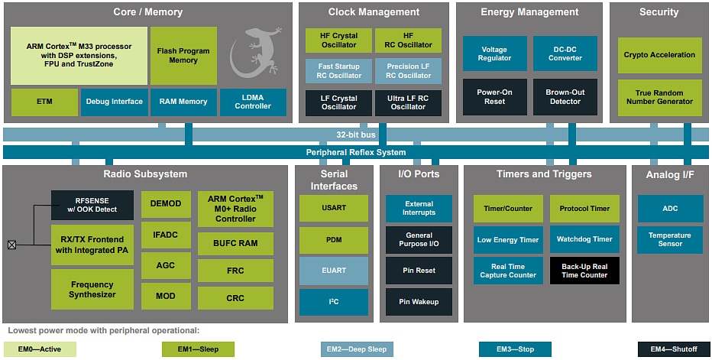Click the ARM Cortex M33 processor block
pos(79,56)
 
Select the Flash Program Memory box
pos(183,56)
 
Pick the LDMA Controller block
pos(253,102)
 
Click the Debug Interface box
pos(114,102)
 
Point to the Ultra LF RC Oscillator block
pos(408,102)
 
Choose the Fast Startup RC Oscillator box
pos(338,71)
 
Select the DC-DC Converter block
pos(565,54)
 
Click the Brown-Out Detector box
pos(565,97)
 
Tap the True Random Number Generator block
pos(659,97)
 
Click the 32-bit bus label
pos(355,135)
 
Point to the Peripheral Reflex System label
pos(356,152)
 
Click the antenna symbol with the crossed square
pos(11,245)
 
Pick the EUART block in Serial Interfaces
pos(333,271)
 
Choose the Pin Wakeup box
pos(418,302)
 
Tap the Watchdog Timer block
pos(584,239)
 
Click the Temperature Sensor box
pos(669,239)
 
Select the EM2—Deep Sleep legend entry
pos(357,349)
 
